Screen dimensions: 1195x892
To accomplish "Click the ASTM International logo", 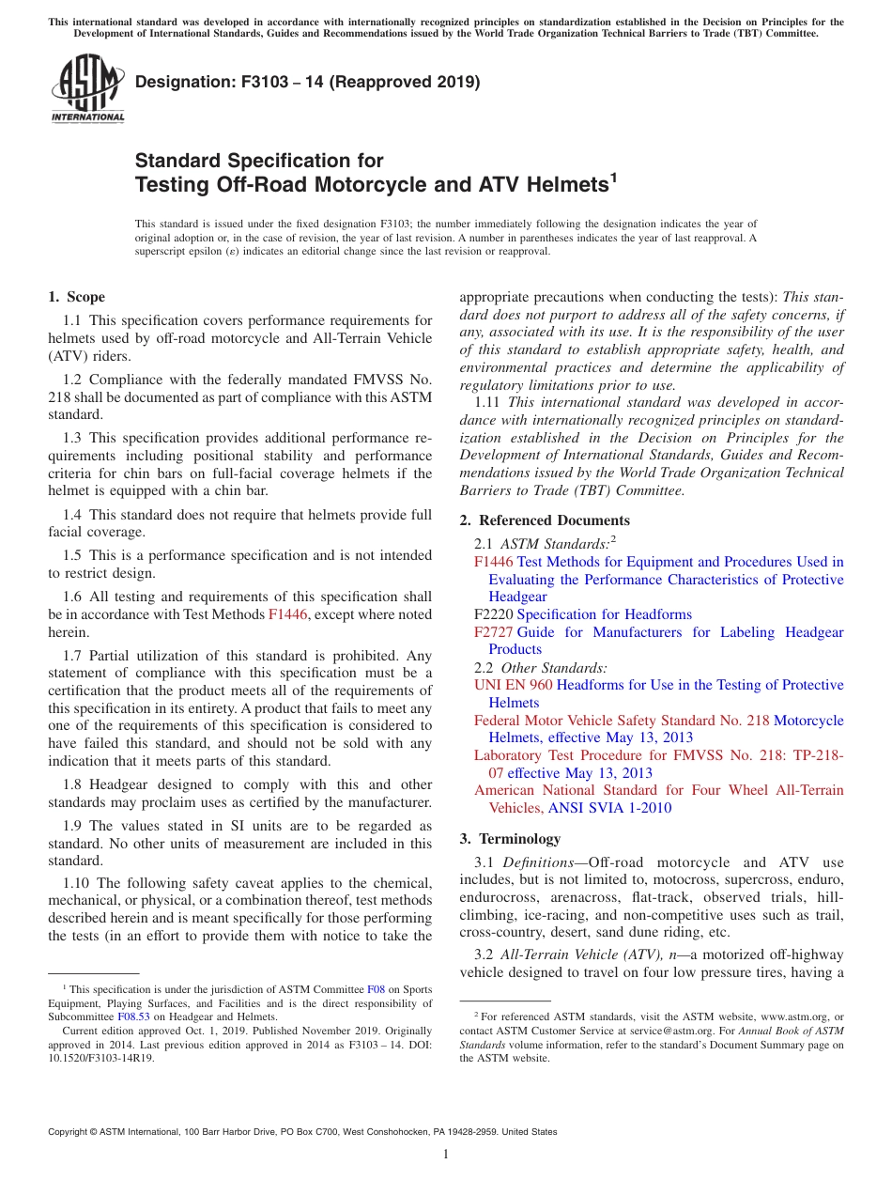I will [87, 90].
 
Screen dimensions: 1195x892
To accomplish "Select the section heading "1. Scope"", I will [76, 297].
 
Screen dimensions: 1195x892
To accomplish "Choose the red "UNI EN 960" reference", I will [513, 685].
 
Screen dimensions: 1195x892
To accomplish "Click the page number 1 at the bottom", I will [446, 1154].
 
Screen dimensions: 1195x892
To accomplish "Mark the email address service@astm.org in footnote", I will [665, 1032].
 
